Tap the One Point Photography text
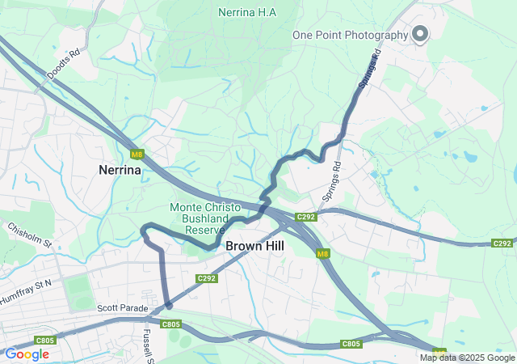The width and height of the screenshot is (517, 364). point(351,35)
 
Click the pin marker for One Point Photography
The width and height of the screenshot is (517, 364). point(420,33)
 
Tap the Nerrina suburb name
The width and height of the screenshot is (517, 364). point(120,171)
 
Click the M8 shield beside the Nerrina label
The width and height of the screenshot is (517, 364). point(137,154)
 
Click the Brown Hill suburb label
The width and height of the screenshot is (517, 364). point(254,245)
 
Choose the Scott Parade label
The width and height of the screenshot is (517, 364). point(124,308)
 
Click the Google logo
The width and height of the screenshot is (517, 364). point(27,354)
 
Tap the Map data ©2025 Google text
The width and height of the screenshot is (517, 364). point(467,358)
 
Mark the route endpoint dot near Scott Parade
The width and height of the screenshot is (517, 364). point(168,305)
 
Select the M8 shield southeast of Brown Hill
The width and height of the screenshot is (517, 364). point(323,254)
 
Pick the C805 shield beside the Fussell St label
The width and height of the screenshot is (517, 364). point(170,324)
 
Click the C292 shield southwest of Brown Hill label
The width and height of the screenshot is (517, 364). point(207,278)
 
